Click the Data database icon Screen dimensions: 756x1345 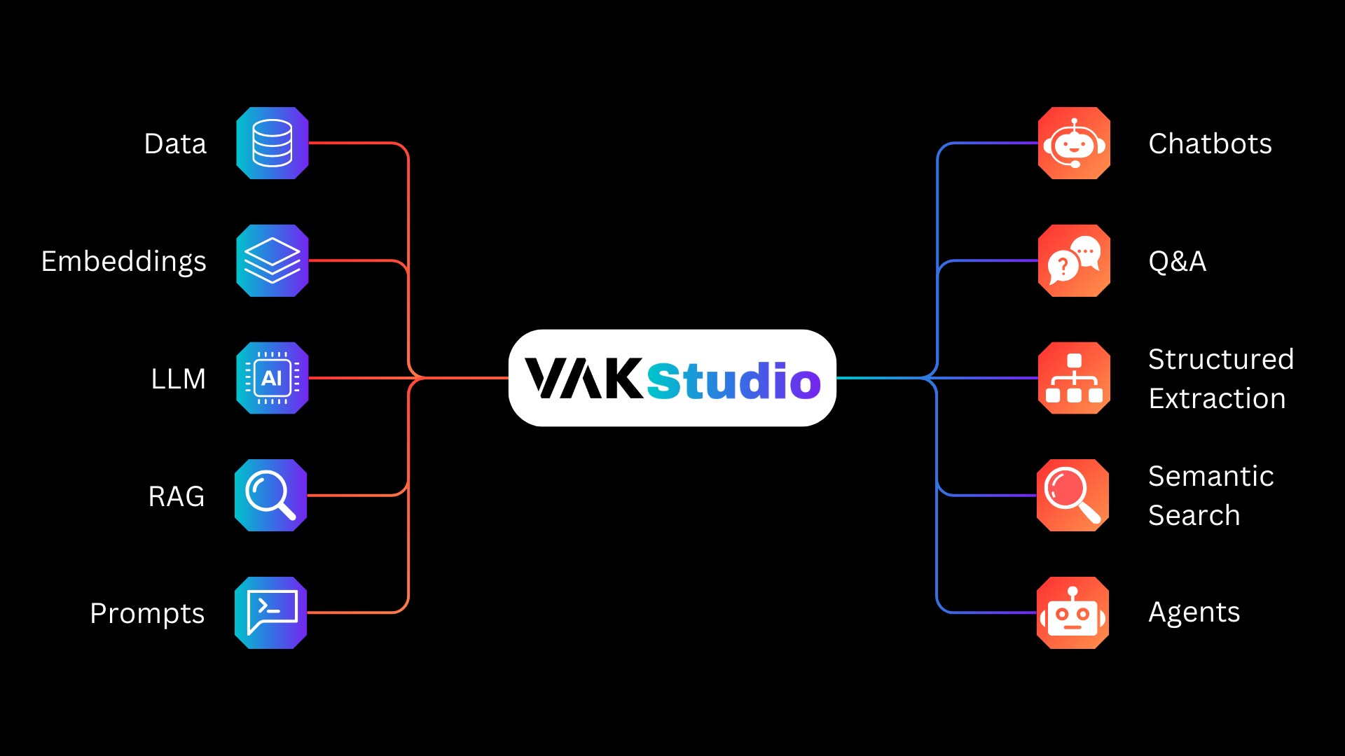[x=272, y=143]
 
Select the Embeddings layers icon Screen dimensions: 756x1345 [x=272, y=260]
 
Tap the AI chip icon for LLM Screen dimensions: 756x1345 [x=272, y=378]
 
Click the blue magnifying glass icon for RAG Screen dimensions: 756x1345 [x=270, y=495]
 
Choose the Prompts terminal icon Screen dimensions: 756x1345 [x=270, y=612]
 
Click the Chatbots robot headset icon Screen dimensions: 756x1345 [x=1074, y=143]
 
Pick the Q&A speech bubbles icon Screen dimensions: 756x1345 [x=1074, y=260]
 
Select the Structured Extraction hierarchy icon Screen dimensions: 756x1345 [x=1074, y=378]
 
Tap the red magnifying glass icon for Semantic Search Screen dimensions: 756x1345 [x=1072, y=495]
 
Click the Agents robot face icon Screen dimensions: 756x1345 [x=1072, y=612]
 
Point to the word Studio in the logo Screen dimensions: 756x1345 [x=733, y=381]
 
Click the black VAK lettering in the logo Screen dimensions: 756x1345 [x=584, y=379]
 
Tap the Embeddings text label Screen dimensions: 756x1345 [x=123, y=262]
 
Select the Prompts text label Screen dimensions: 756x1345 [x=147, y=614]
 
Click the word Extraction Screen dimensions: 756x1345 [x=1217, y=398]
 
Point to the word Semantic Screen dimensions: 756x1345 [x=1210, y=476]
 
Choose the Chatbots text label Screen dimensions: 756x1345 [x=1210, y=143]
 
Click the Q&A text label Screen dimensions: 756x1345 [x=1177, y=262]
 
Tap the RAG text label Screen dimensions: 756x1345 [x=177, y=496]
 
